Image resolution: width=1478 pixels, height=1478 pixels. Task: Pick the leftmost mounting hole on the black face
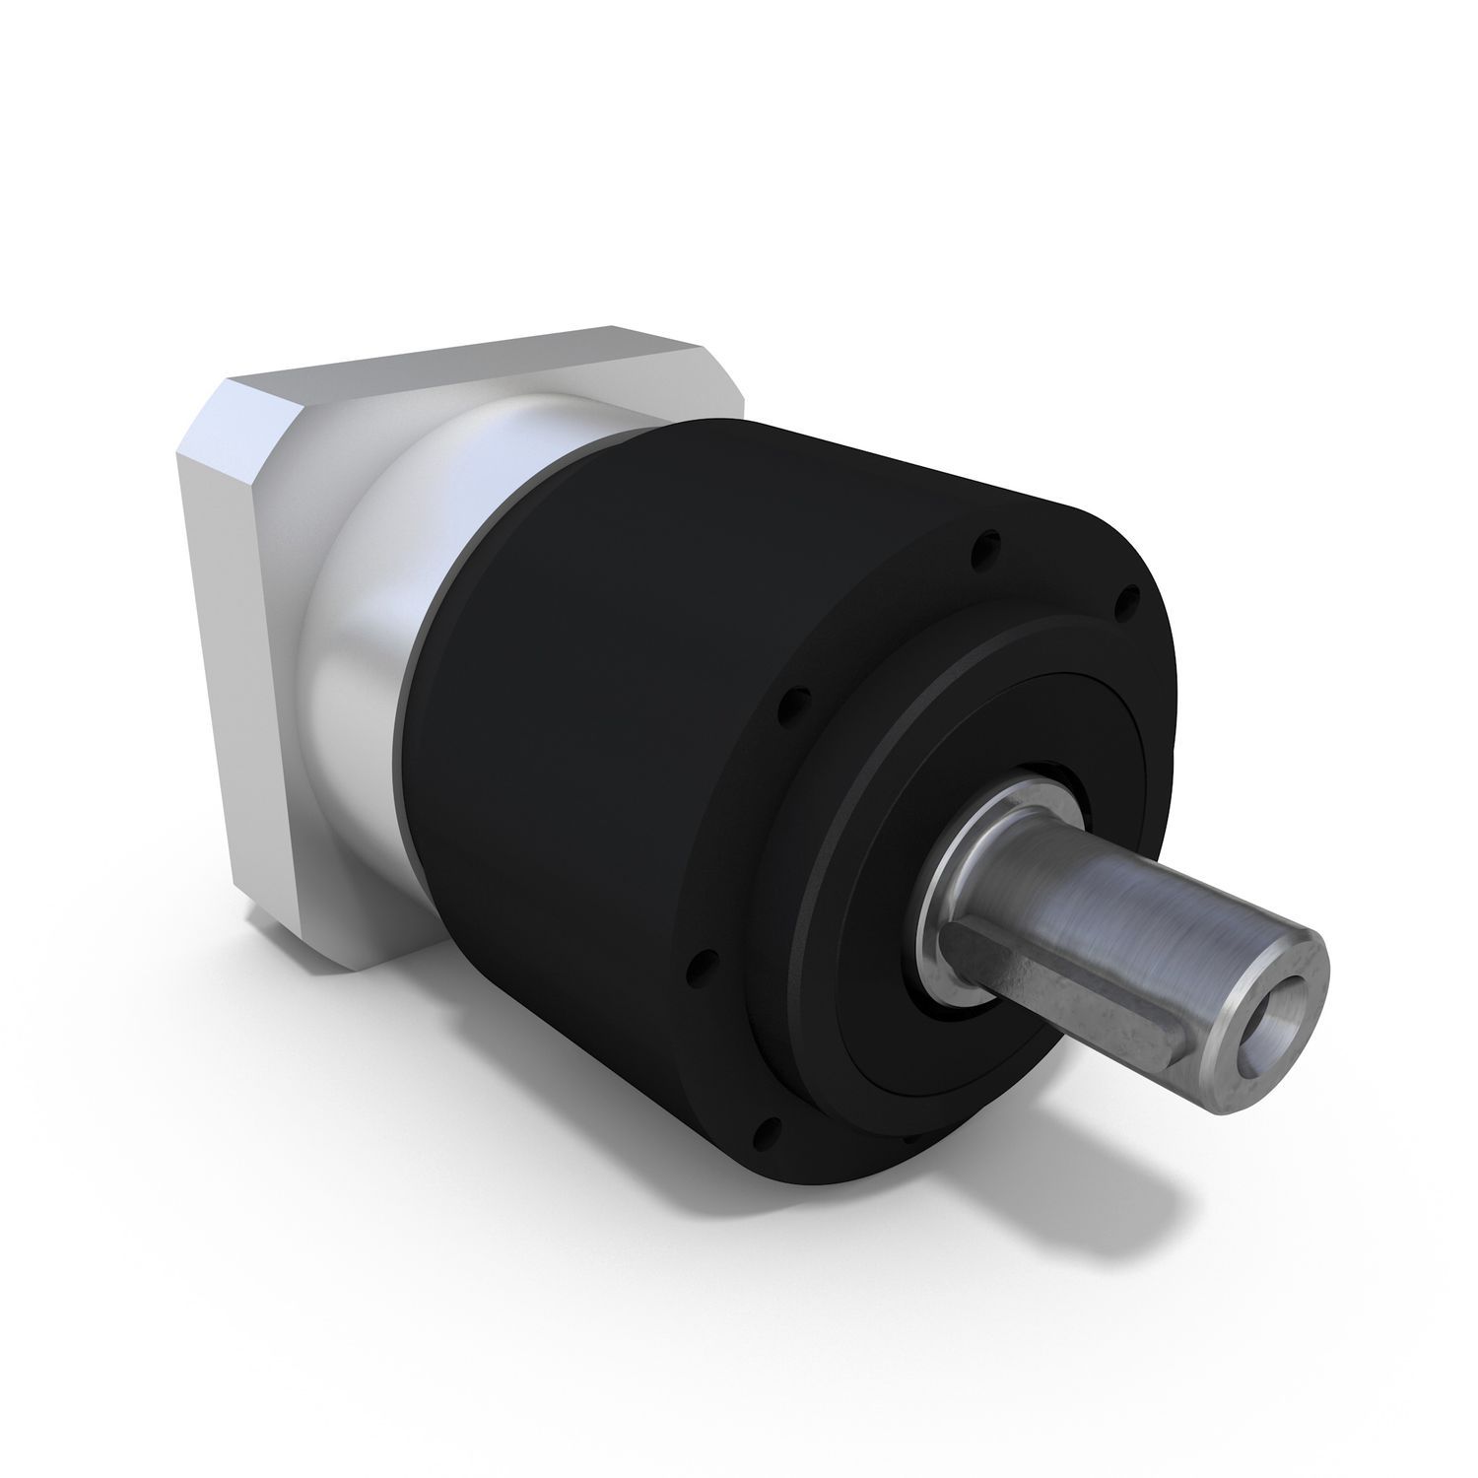coord(784,705)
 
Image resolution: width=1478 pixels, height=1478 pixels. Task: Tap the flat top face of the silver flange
coord(463,360)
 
